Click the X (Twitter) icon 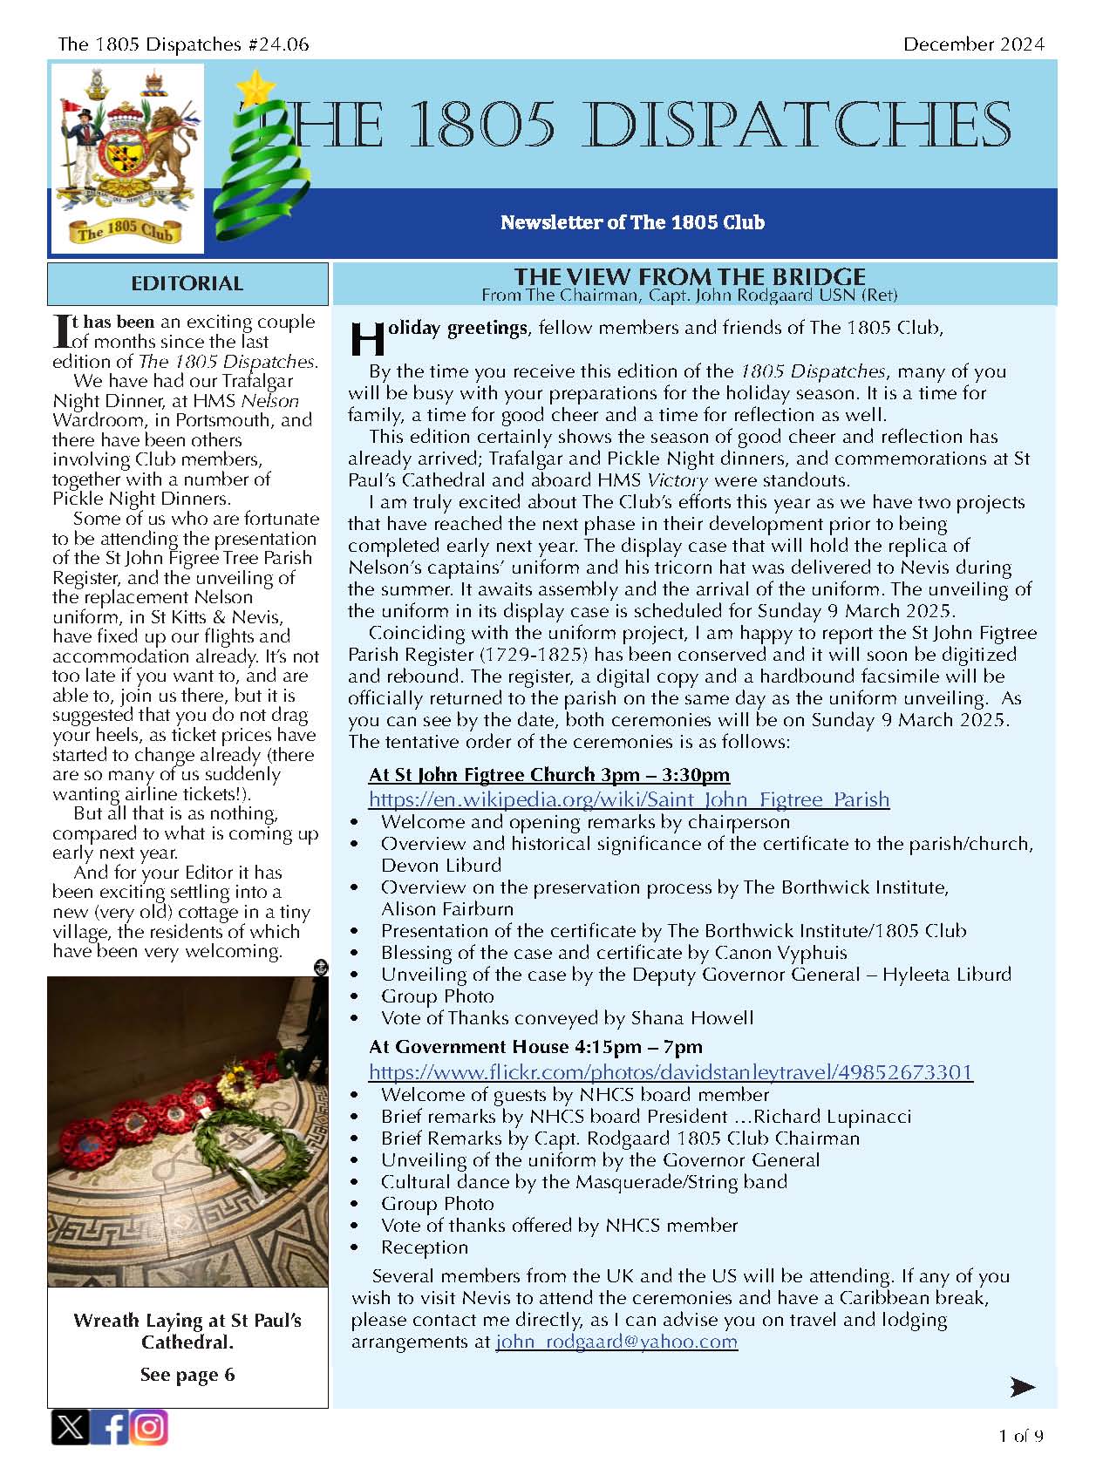coord(70,1427)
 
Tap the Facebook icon coord(111,1427)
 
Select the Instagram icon coord(149,1427)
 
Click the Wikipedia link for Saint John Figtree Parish coord(629,799)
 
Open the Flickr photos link coord(671,1072)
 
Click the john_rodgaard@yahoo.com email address coord(616,1342)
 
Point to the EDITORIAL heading coord(187,283)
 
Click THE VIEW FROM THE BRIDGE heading coord(689,276)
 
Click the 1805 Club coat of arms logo coord(127,157)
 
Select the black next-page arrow coord(1022,1386)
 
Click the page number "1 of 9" coord(1021,1436)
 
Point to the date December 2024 coord(973,44)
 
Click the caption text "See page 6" coord(187,1375)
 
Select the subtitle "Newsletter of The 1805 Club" coord(632,222)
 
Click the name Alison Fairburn coord(447,908)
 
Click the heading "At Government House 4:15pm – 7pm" coord(535,1046)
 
